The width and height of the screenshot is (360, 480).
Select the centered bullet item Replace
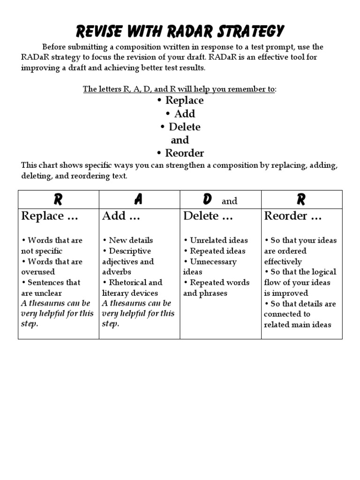click(180, 100)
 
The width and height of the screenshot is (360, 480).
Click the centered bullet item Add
click(180, 113)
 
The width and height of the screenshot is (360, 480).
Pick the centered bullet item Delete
click(180, 127)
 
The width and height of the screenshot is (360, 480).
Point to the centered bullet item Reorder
click(180, 153)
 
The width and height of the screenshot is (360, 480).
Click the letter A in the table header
click(138, 200)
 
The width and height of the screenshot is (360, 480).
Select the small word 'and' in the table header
click(229, 201)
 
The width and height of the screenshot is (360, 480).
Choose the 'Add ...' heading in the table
click(121, 216)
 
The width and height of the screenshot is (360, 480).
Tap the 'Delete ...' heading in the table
click(208, 216)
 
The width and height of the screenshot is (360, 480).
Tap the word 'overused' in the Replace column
click(38, 272)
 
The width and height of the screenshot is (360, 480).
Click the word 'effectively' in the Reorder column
click(283, 262)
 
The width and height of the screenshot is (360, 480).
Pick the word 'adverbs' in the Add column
click(117, 272)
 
